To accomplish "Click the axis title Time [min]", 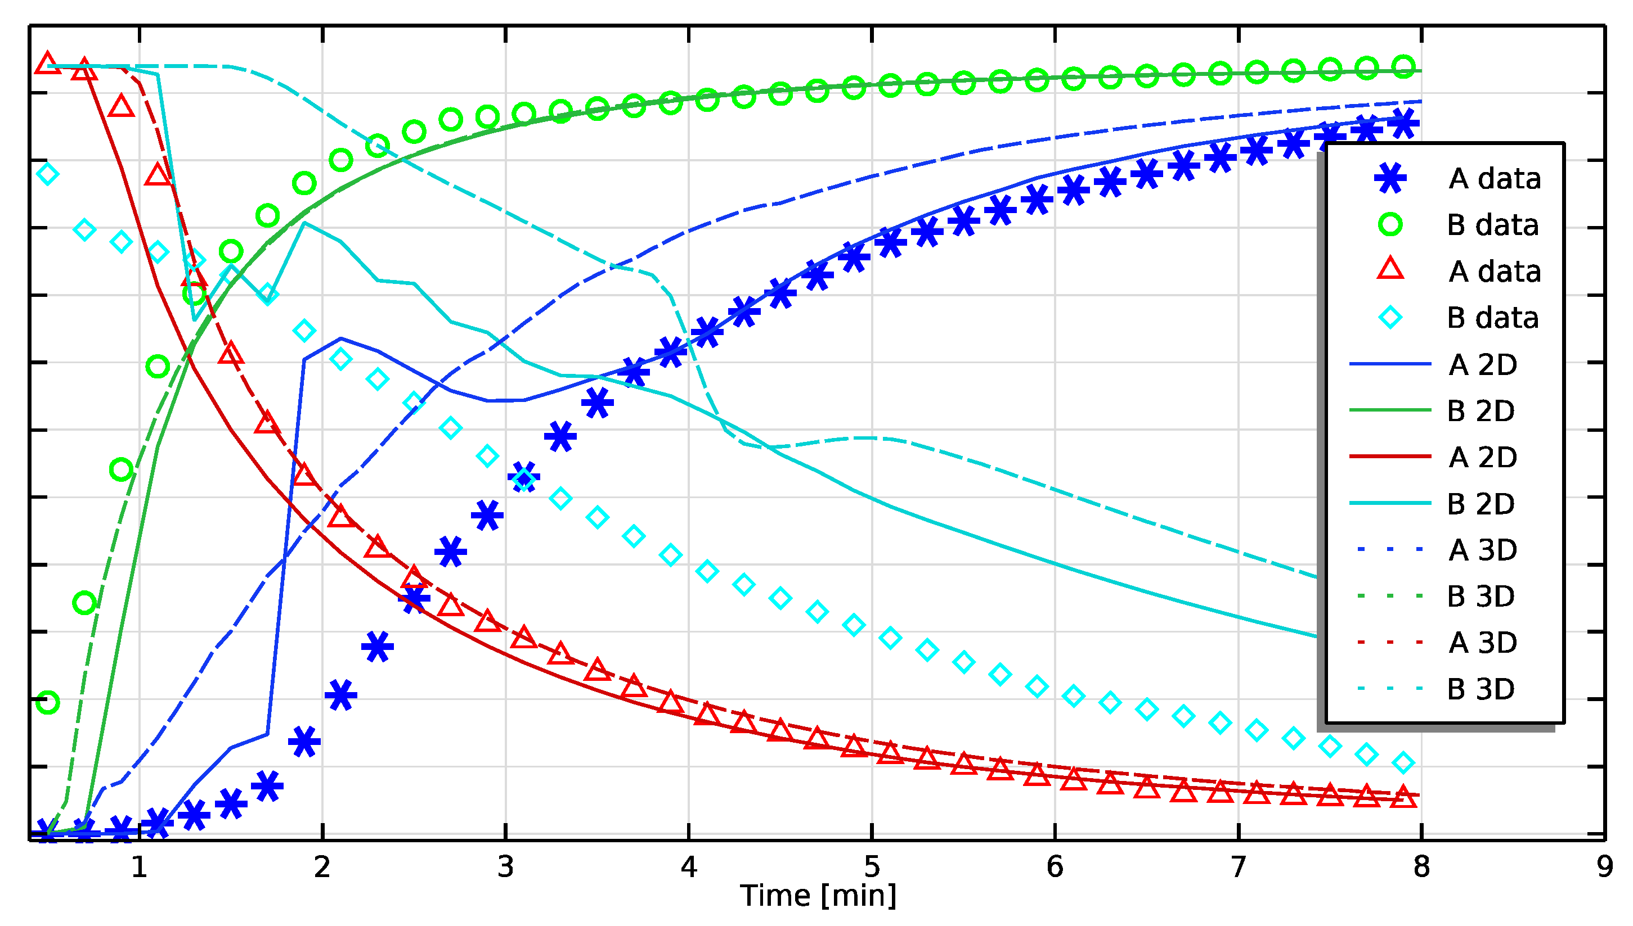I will tap(818, 896).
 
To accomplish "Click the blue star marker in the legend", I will tap(1390, 178).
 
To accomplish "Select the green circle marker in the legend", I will tap(1390, 224).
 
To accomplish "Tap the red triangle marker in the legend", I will tap(1390, 270).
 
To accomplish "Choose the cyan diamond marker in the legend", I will tap(1390, 317).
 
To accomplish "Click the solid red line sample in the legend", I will tap(1390, 457).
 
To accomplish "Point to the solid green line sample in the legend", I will tap(1390, 410).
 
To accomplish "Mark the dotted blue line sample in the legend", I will tap(1390, 549).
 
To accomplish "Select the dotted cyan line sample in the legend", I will tap(1390, 688).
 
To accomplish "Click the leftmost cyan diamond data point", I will tap(48, 174).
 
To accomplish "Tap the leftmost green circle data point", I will tap(48, 703).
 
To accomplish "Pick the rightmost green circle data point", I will tap(1403, 66).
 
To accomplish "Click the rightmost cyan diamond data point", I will tap(1403, 762).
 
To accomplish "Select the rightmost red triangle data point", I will tap(1403, 796).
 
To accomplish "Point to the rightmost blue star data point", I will tap(1403, 123).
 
